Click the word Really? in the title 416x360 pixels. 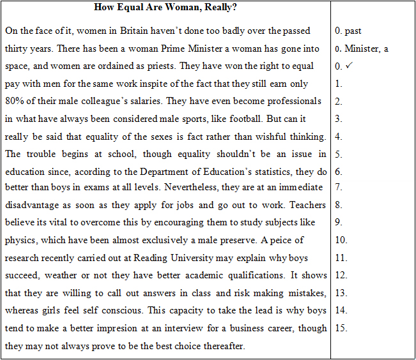(220, 8)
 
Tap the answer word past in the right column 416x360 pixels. (353, 31)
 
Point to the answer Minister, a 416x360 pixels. (366, 49)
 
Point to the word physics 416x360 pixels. (20, 241)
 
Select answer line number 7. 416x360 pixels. (339, 188)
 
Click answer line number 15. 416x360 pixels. (341, 329)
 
